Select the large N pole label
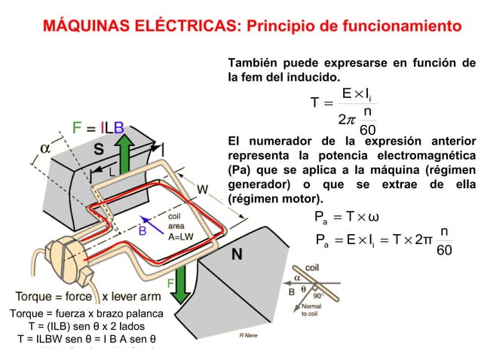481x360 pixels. pyautogui.click(x=236, y=255)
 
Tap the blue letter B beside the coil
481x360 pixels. pyautogui.click(x=142, y=231)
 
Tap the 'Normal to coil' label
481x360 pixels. pyautogui.click(x=311, y=310)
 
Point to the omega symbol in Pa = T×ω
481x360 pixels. pyautogui.click(x=375, y=218)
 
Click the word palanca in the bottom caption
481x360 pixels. pyautogui.click(x=144, y=313)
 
